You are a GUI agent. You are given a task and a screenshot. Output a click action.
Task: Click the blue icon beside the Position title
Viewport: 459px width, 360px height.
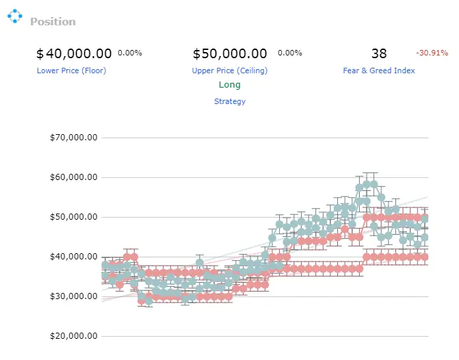[14, 16]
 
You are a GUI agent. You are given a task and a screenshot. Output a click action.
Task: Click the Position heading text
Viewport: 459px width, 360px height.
[53, 22]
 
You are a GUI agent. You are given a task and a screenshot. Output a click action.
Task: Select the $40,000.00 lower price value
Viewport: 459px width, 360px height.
[74, 53]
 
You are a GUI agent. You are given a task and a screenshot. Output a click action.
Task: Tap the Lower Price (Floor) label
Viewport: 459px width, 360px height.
[71, 70]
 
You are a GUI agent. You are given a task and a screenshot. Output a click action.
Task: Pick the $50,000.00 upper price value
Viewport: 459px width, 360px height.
[230, 53]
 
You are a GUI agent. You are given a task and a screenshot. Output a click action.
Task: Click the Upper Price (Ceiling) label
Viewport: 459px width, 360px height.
[230, 70]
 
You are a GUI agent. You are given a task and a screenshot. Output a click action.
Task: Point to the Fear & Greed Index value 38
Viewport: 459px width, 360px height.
[379, 53]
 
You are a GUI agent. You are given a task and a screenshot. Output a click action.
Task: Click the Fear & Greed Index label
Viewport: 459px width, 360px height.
[379, 70]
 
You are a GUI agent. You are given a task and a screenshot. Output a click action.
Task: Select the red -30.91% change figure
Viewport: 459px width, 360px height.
[432, 53]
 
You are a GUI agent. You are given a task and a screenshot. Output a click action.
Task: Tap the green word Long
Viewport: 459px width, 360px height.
[230, 85]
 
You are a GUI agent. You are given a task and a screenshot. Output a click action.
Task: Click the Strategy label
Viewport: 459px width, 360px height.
[230, 101]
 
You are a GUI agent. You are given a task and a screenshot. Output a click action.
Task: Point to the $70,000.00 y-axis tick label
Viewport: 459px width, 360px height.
[73, 138]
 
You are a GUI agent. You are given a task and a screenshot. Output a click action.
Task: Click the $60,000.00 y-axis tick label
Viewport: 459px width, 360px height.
[73, 177]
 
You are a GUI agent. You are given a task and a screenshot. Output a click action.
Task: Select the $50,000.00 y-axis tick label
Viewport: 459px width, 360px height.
[73, 217]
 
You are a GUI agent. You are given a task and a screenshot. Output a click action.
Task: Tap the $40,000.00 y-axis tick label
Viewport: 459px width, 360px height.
[73, 257]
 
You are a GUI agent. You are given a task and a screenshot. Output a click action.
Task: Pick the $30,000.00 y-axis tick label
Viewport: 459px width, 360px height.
[73, 296]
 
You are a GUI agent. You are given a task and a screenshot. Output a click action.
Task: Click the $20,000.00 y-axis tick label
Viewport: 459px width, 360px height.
[73, 336]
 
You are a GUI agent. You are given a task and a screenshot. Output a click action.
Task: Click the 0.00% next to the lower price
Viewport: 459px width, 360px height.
[130, 53]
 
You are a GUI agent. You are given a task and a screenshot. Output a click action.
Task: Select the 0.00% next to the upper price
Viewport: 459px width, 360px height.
[290, 53]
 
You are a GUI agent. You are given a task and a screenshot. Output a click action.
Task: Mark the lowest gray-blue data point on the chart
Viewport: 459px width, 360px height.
[148, 301]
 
